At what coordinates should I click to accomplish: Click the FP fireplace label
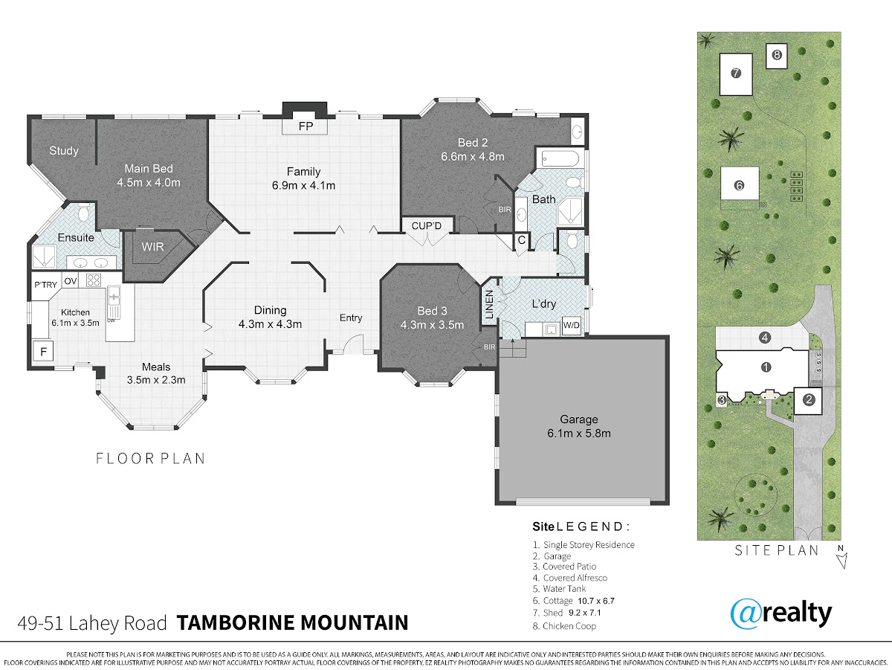pyautogui.click(x=306, y=126)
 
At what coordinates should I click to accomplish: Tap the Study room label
pyautogui.click(x=64, y=151)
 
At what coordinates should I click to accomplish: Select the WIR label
pyautogui.click(x=152, y=247)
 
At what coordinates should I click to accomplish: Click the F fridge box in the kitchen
pyautogui.click(x=43, y=352)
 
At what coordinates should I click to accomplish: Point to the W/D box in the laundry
pyautogui.click(x=572, y=325)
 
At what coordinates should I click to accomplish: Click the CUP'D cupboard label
pyautogui.click(x=426, y=225)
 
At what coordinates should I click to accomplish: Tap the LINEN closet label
pyautogui.click(x=489, y=304)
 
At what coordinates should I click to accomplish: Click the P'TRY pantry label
pyautogui.click(x=45, y=285)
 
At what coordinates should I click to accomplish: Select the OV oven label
pyautogui.click(x=71, y=281)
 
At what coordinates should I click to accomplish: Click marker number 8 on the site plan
pyautogui.click(x=777, y=54)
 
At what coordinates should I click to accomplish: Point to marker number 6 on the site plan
pyautogui.click(x=739, y=185)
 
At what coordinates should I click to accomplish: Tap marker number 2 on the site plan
pyautogui.click(x=808, y=400)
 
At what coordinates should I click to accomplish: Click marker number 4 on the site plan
pyautogui.click(x=765, y=338)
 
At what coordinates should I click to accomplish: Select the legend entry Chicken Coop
pyautogui.click(x=564, y=626)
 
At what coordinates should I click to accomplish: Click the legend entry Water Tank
pyautogui.click(x=559, y=589)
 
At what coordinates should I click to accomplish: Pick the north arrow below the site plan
pyautogui.click(x=842, y=561)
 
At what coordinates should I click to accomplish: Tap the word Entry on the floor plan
pyautogui.click(x=351, y=318)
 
